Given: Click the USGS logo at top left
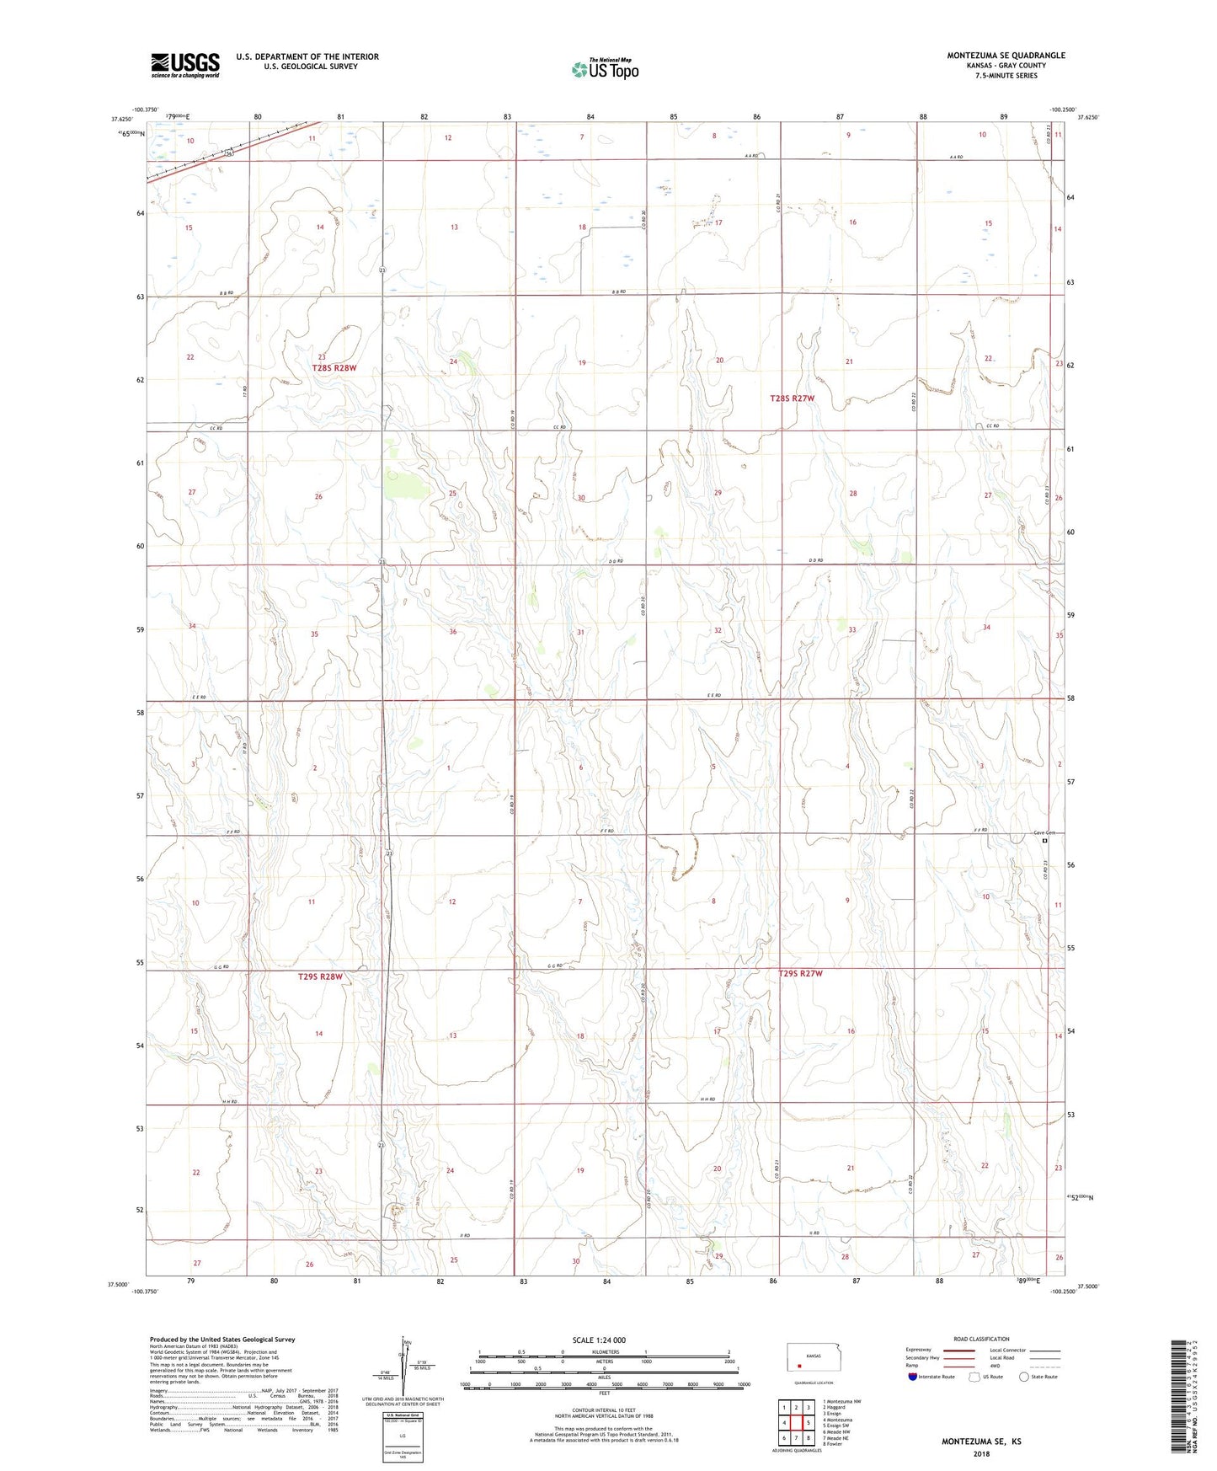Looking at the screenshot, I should pos(184,65).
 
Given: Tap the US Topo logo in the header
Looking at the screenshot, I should pos(605,69).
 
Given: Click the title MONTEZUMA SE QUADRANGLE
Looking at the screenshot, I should pos(1006,56).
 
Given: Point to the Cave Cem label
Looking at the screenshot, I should pos(1044,833).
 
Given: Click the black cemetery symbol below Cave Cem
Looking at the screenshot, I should pos(1045,841).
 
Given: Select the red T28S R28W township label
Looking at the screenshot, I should pos(334,368).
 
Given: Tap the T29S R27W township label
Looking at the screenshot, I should pos(799,973).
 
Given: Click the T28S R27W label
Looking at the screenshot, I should pos(793,398).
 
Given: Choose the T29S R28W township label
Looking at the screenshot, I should pos(321,977).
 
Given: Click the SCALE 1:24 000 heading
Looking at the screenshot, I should pos(599,1340).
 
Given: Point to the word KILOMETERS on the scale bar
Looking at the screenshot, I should pos(604,1352).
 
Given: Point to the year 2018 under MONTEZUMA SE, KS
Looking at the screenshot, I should pos(981,1453).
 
